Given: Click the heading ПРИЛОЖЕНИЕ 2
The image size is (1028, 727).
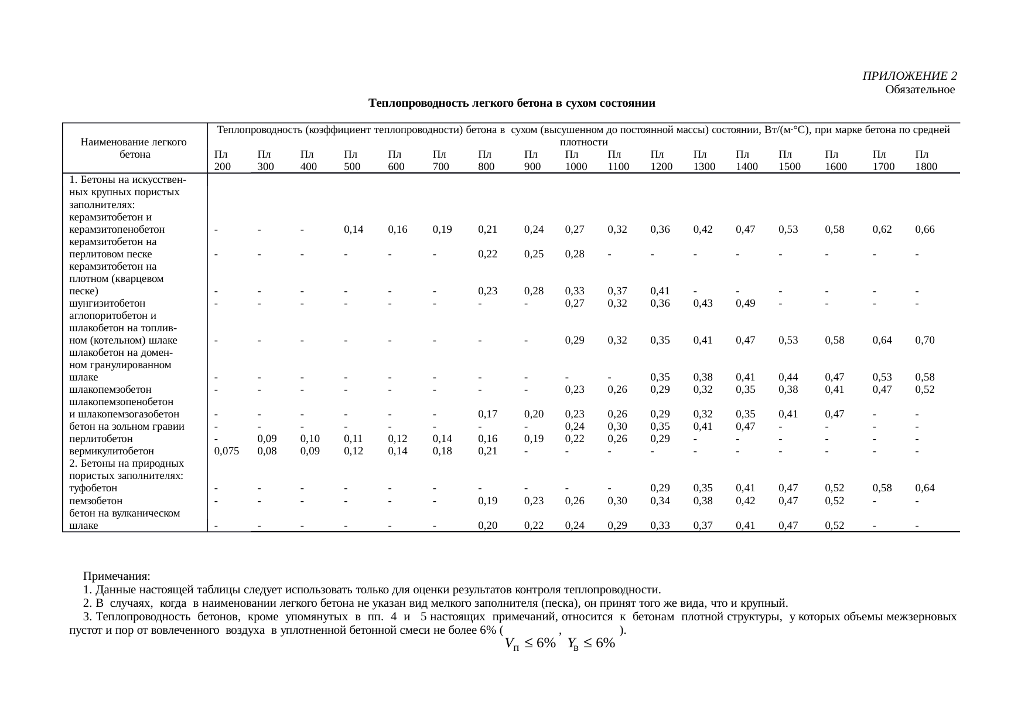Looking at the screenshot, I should click(910, 76).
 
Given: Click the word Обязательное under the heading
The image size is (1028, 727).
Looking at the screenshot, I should click(920, 90).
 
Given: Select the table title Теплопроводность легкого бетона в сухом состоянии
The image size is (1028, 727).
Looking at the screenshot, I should click(511, 104).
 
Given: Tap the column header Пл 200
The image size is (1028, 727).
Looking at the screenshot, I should click(222, 161).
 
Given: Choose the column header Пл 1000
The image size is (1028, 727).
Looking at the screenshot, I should click(575, 161).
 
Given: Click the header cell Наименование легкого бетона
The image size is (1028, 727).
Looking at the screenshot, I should click(134, 148).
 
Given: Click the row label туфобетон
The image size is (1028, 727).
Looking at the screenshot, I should click(93, 488).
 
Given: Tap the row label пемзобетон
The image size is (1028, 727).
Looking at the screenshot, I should click(96, 501).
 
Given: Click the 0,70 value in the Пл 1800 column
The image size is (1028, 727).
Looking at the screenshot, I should click(924, 340).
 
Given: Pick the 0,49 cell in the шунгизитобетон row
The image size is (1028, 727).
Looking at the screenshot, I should click(745, 304).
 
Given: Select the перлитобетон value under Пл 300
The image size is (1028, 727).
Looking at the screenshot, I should click(267, 439).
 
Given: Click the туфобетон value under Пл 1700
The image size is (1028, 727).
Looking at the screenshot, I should click(882, 488).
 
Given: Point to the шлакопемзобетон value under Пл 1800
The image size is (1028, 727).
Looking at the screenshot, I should click(924, 389).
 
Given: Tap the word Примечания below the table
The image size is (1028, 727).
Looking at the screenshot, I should click(117, 576).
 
